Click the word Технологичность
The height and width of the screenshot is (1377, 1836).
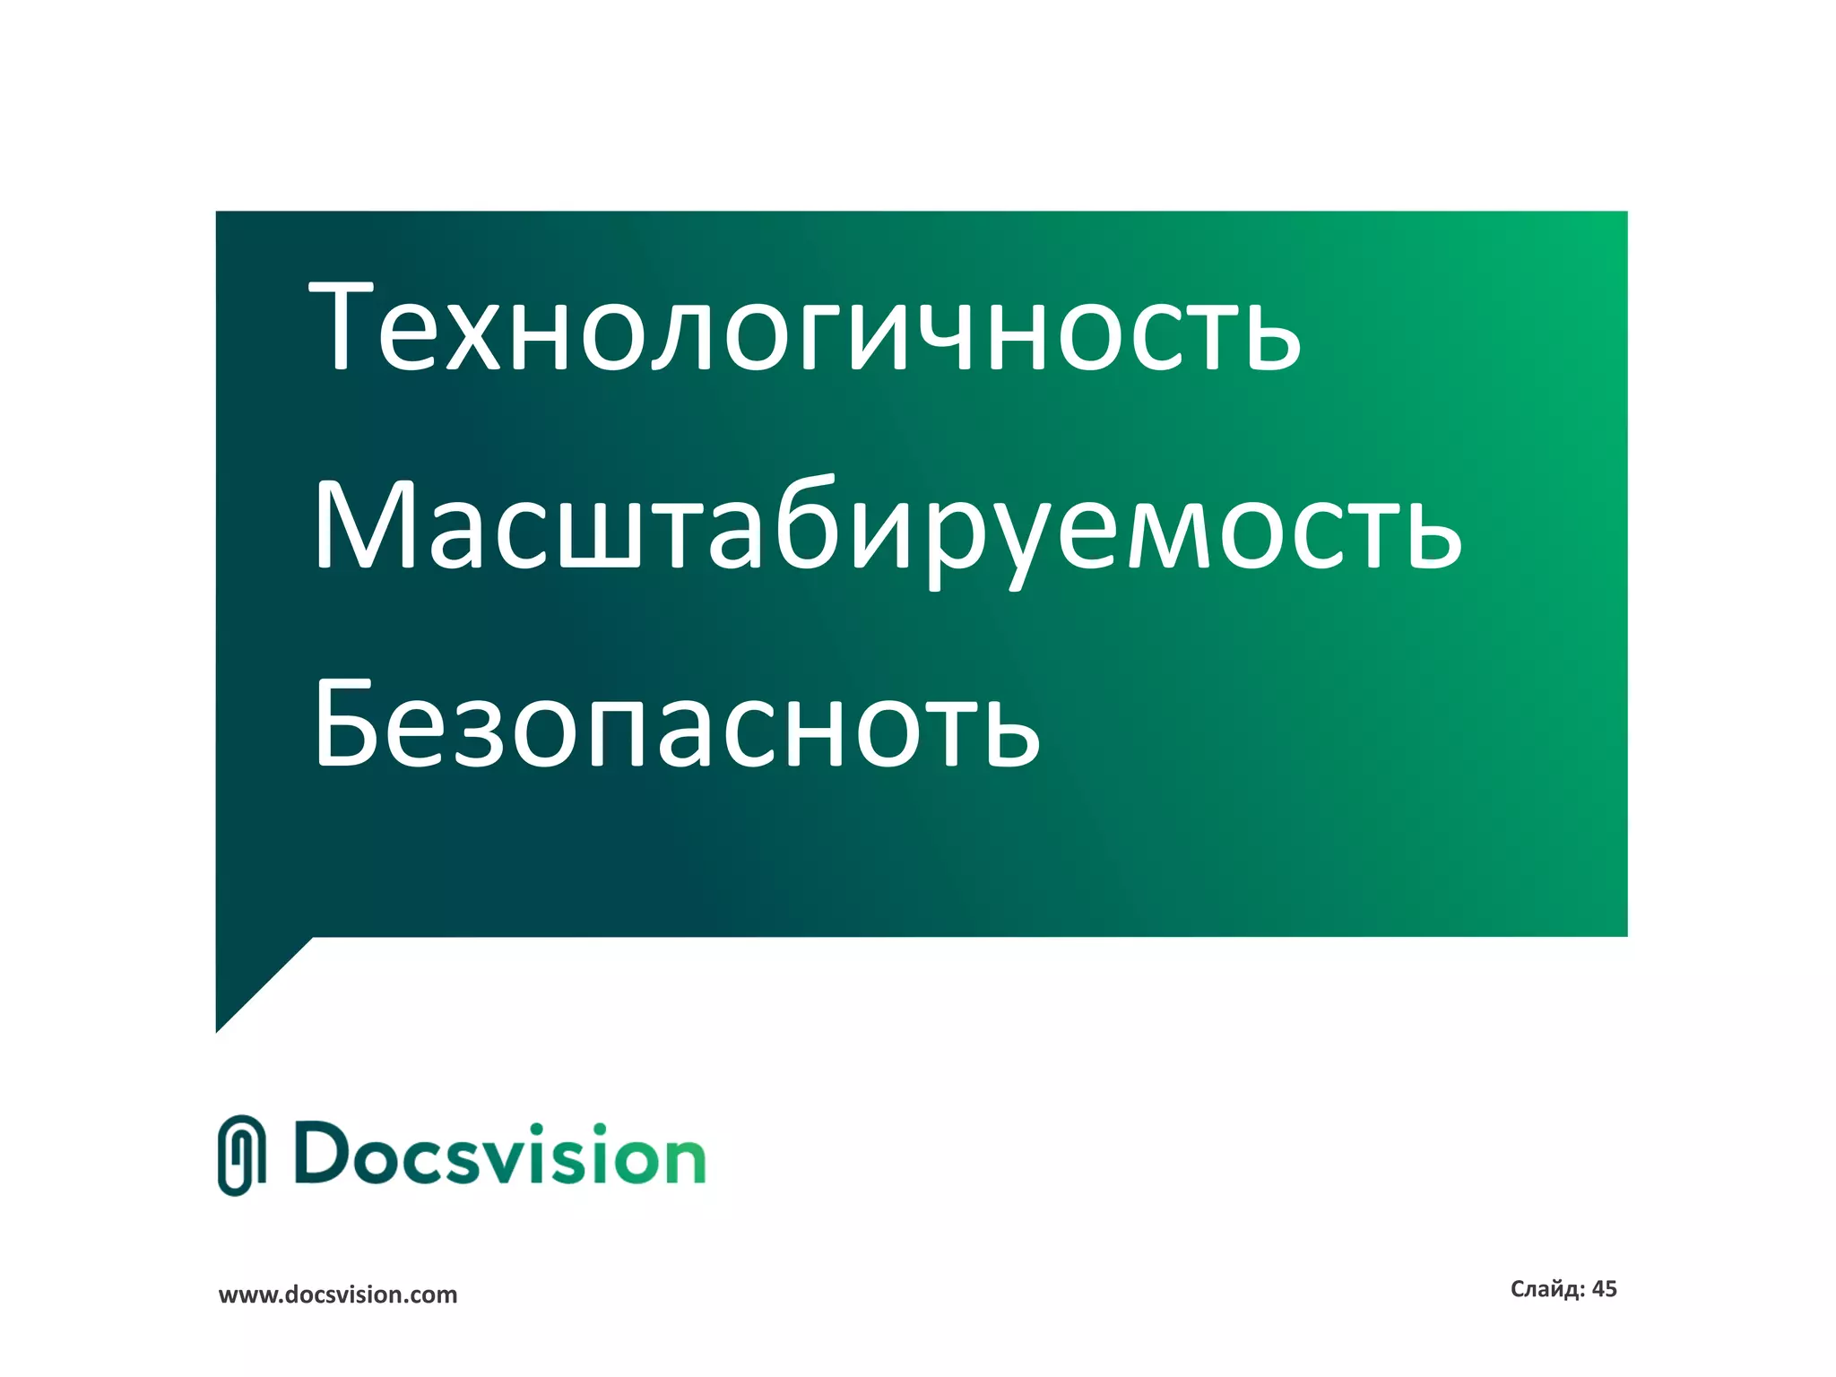(x=804, y=327)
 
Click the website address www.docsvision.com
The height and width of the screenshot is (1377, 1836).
(x=338, y=1295)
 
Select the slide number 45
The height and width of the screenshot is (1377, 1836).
(x=1604, y=1289)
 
